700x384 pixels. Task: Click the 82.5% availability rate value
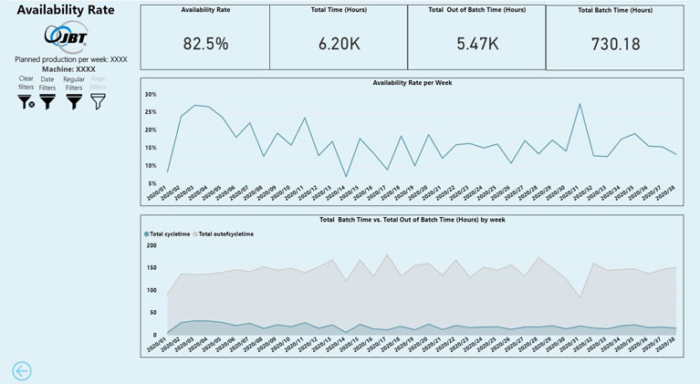205,44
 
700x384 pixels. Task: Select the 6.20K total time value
340,44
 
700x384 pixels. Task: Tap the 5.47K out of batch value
476,44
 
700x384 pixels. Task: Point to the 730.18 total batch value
614,44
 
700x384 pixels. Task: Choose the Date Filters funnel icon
47,102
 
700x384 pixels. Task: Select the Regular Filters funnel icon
73,102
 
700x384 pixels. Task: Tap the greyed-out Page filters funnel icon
98,102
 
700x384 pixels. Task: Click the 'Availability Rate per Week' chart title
413,83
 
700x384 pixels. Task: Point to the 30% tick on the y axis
151,94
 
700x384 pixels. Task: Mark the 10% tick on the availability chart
151,165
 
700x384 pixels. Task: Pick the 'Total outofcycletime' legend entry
225,234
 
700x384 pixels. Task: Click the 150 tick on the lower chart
151,268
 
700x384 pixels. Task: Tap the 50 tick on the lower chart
153,313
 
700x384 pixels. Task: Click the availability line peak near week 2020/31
580,104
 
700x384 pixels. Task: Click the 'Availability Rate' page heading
64,10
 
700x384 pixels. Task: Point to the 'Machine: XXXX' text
70,68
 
